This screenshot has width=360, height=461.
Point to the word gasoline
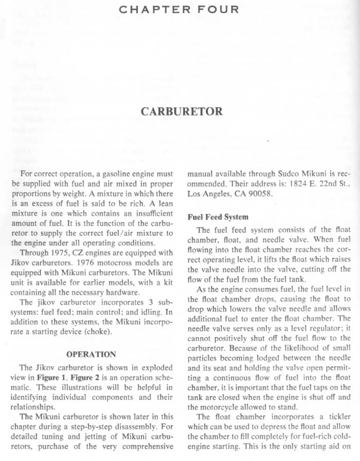(113, 172)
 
